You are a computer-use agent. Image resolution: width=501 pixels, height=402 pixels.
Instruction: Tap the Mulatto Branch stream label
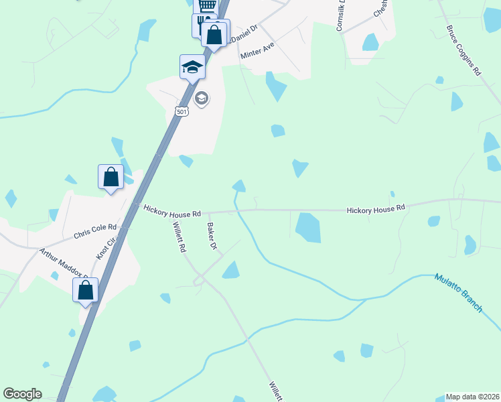[x=458, y=292]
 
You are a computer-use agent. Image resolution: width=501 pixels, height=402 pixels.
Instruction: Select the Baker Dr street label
[x=212, y=237]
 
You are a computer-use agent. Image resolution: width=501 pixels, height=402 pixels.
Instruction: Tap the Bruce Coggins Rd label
[x=464, y=50]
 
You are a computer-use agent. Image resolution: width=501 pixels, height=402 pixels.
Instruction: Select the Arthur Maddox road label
[x=63, y=263]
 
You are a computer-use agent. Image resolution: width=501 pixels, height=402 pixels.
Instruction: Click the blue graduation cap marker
[x=192, y=66]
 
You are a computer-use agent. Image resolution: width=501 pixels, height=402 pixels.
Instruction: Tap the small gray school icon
[x=201, y=99]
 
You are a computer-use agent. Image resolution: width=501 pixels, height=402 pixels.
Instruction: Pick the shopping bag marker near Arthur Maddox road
[x=85, y=290]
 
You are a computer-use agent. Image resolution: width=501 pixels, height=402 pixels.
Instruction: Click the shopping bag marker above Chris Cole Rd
[x=111, y=177]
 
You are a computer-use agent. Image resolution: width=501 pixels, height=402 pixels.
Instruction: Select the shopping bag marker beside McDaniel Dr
[x=214, y=34]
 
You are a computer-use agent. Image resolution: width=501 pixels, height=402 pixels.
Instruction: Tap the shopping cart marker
[x=207, y=6]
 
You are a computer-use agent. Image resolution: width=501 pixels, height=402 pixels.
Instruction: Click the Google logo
[x=22, y=394]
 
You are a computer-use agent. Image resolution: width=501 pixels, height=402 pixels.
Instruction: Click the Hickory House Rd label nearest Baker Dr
[x=172, y=212]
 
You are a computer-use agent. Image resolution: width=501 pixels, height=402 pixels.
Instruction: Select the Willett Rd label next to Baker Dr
[x=179, y=237]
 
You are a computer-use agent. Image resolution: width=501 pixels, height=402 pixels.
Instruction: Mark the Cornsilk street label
[x=341, y=14]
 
